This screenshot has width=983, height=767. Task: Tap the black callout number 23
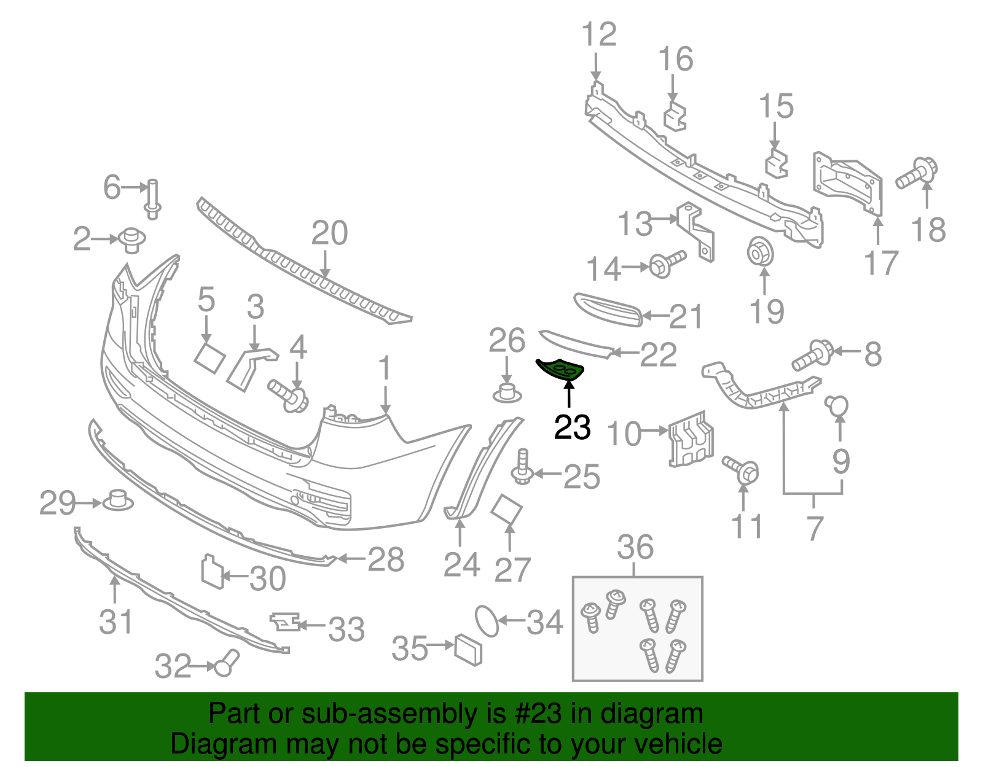click(x=572, y=427)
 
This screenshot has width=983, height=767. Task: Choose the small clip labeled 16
click(x=675, y=116)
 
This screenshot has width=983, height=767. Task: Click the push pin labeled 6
click(x=152, y=200)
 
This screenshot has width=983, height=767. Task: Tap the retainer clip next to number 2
click(x=131, y=241)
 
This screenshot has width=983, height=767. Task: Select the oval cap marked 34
click(x=487, y=621)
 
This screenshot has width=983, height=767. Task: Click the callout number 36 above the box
click(x=635, y=547)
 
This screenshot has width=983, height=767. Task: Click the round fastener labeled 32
click(x=227, y=663)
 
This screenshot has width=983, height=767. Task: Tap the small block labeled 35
click(x=468, y=650)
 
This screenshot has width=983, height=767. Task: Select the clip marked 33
click(x=285, y=621)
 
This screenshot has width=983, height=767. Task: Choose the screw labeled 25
click(x=523, y=467)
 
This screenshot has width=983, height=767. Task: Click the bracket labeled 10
click(x=691, y=438)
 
